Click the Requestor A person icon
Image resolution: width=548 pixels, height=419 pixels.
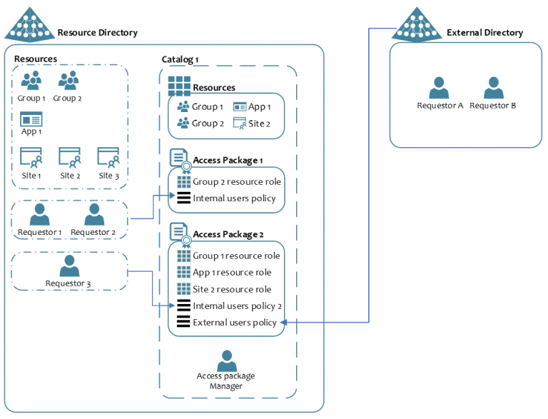point(439,88)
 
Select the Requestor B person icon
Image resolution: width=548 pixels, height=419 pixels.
point(493,88)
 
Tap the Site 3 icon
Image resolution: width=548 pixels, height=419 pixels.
point(108,157)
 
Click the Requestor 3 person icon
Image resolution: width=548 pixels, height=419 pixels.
point(69,266)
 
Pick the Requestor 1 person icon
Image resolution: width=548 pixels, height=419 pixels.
point(39,214)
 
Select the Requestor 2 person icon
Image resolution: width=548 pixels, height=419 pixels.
point(94,214)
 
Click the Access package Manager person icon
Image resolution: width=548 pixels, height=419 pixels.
point(226,360)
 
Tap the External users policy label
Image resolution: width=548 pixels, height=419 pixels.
point(234,323)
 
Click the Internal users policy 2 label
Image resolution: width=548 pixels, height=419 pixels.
point(237,306)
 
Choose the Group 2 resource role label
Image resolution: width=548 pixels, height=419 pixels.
point(236,182)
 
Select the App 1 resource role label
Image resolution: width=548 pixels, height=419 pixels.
point(232,273)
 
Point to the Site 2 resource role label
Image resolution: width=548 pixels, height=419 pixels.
point(232,290)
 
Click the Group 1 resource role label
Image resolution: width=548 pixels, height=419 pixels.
point(236,256)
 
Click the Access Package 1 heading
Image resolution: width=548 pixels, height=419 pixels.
point(228,161)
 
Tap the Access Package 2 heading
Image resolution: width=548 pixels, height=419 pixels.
point(228,235)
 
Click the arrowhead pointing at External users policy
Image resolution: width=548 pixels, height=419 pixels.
point(283,323)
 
